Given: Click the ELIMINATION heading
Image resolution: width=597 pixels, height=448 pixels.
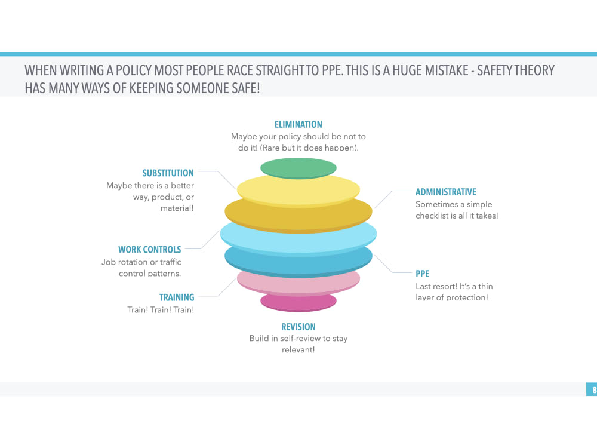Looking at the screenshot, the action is [298, 125].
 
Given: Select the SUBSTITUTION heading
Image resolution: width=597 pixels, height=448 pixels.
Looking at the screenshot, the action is [168, 173].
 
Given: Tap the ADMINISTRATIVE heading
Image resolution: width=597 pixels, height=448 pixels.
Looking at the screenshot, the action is [445, 192].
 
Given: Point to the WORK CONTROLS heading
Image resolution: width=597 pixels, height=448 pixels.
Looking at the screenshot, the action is [150, 250].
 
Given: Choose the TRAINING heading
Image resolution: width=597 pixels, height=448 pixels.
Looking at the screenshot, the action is [177, 297].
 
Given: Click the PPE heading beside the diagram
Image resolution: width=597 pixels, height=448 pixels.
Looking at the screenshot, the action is [422, 274].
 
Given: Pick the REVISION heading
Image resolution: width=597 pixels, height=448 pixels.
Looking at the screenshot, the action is [298, 327].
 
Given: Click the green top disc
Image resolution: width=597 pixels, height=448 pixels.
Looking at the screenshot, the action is [298, 168].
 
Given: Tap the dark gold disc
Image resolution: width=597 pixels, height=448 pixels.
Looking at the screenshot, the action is [298, 218].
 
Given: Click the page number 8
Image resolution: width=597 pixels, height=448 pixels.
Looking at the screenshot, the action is [594, 389].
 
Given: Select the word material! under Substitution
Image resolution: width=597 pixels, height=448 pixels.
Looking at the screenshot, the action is [177, 208].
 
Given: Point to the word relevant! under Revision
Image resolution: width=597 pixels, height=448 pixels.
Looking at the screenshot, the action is [298, 349].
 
